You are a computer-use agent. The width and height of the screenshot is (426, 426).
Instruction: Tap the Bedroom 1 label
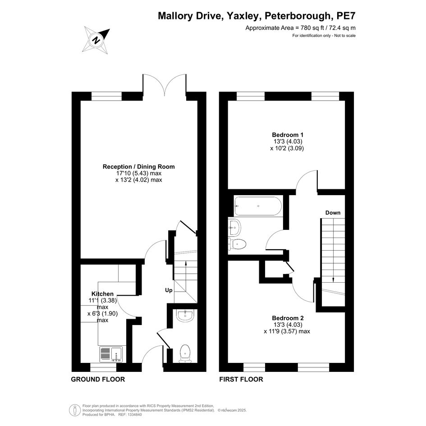point(288,135)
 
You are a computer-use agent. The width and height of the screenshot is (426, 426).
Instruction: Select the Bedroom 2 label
point(288,318)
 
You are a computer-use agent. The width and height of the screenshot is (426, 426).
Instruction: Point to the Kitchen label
point(102,293)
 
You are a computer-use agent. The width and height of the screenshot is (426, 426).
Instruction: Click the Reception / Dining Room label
point(138,166)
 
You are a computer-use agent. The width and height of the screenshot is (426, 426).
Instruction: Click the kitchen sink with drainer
point(111,354)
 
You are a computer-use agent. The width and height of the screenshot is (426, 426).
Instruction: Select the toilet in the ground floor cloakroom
point(185,354)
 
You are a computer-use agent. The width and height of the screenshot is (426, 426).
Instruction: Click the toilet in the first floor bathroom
point(237,244)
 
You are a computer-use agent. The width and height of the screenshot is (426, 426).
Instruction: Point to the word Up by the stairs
point(169,290)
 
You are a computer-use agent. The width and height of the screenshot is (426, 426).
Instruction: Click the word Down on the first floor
point(333,213)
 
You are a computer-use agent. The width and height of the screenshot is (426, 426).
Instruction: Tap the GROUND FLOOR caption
point(98,379)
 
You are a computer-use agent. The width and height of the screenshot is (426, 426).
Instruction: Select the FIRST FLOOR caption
point(241,379)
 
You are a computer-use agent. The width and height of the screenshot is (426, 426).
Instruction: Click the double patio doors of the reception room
point(165,84)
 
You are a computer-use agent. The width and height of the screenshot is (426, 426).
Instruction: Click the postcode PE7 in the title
point(346,16)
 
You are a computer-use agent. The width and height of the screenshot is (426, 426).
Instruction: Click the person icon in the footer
point(75,410)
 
